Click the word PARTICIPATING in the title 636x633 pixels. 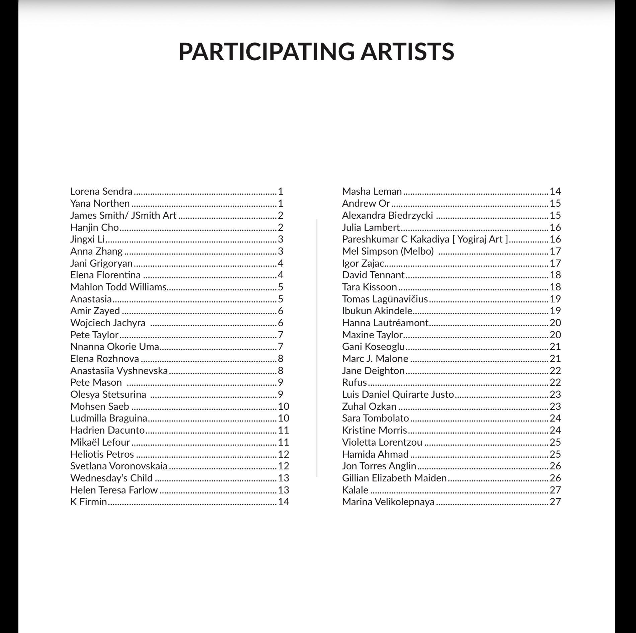pyautogui.click(x=266, y=52)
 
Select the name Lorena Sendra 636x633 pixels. pyautogui.click(x=101, y=191)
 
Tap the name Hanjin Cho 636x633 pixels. pyautogui.click(x=94, y=228)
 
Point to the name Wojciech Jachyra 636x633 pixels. pyautogui.click(x=108, y=323)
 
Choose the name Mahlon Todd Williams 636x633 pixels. pyautogui.click(x=118, y=287)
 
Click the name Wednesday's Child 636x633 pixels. pyautogui.click(x=111, y=478)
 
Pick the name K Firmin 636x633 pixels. pyautogui.click(x=89, y=502)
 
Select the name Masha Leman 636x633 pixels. pyautogui.click(x=372, y=191)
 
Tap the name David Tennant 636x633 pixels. pyautogui.click(x=373, y=275)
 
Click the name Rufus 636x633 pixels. pyautogui.click(x=354, y=382)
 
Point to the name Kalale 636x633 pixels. pyautogui.click(x=355, y=490)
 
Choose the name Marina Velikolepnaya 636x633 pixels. pyautogui.click(x=388, y=502)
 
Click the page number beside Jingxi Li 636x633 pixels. pyautogui.click(x=281, y=239)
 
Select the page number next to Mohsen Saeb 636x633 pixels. pyautogui.click(x=284, y=406)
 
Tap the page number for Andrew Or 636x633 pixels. pyautogui.click(x=555, y=203)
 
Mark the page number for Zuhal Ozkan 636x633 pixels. pyautogui.click(x=555, y=406)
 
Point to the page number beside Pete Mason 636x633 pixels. pyautogui.click(x=281, y=382)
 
